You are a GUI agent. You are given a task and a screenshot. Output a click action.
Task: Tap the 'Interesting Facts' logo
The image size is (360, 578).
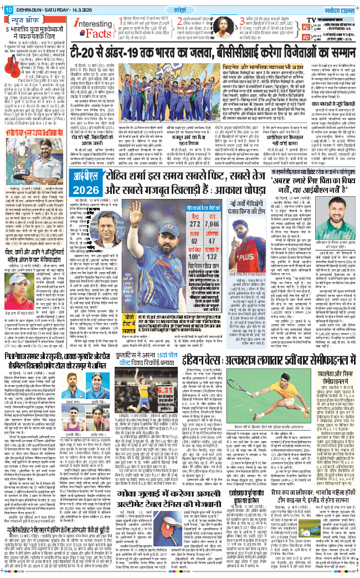point(91,26)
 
